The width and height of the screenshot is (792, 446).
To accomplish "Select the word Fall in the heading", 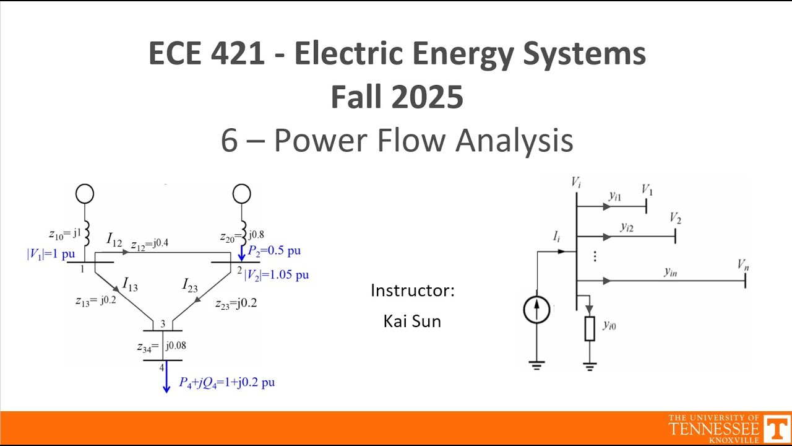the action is (x=358, y=97).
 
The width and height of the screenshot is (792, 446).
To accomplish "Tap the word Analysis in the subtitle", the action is (x=514, y=141).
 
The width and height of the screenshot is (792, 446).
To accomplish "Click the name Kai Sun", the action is (x=412, y=321).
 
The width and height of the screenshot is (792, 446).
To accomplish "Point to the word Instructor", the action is (x=410, y=291).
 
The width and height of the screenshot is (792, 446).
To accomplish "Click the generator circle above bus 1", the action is (x=85, y=194).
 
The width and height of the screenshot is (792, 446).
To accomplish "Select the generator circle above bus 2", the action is (x=242, y=194).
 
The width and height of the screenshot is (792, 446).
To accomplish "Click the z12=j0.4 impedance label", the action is (x=150, y=244).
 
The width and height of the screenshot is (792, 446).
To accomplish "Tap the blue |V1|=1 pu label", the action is (x=51, y=254).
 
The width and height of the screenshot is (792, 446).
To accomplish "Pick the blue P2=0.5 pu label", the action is (x=274, y=251).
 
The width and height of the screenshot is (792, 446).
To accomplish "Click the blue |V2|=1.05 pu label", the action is (x=277, y=275).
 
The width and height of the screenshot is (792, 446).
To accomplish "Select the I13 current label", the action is (x=130, y=284).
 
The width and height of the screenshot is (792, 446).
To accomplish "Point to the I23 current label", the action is (x=190, y=285).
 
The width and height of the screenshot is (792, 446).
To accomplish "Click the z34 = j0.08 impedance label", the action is (x=161, y=346).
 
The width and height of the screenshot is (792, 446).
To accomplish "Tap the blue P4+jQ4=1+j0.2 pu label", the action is (x=227, y=383).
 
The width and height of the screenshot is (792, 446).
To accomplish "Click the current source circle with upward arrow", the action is (x=536, y=310).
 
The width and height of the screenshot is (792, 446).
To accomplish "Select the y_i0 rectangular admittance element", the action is (x=590, y=329).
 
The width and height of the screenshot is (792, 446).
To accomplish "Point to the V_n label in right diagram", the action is (x=743, y=265).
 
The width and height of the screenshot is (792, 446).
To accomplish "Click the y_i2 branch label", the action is (x=627, y=227).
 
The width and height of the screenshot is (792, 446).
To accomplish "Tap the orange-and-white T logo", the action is (x=777, y=428).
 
